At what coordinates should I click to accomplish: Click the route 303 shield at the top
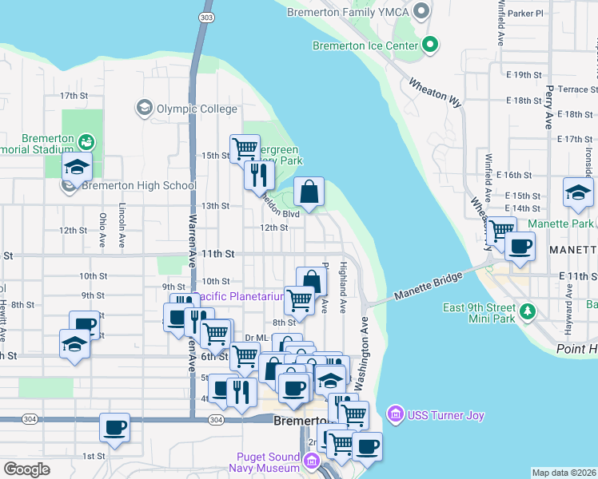coord(207,17)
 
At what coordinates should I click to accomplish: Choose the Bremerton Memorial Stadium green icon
coord(86,142)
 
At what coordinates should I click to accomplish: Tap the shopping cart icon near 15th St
coord(245,148)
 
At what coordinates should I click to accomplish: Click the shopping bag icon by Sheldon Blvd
coord(309,192)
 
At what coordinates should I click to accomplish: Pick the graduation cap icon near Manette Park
coord(578,192)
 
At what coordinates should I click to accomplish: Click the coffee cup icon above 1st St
coord(114,427)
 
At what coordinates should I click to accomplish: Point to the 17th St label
coord(74,96)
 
